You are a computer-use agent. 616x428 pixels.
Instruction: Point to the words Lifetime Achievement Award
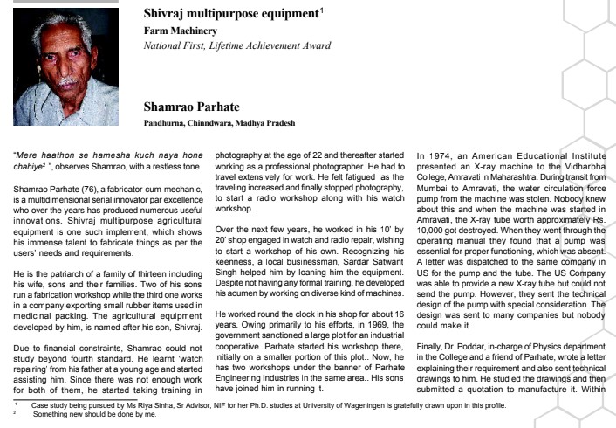click(x=245, y=45)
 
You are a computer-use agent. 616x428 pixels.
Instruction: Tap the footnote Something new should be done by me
click(x=85, y=415)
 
